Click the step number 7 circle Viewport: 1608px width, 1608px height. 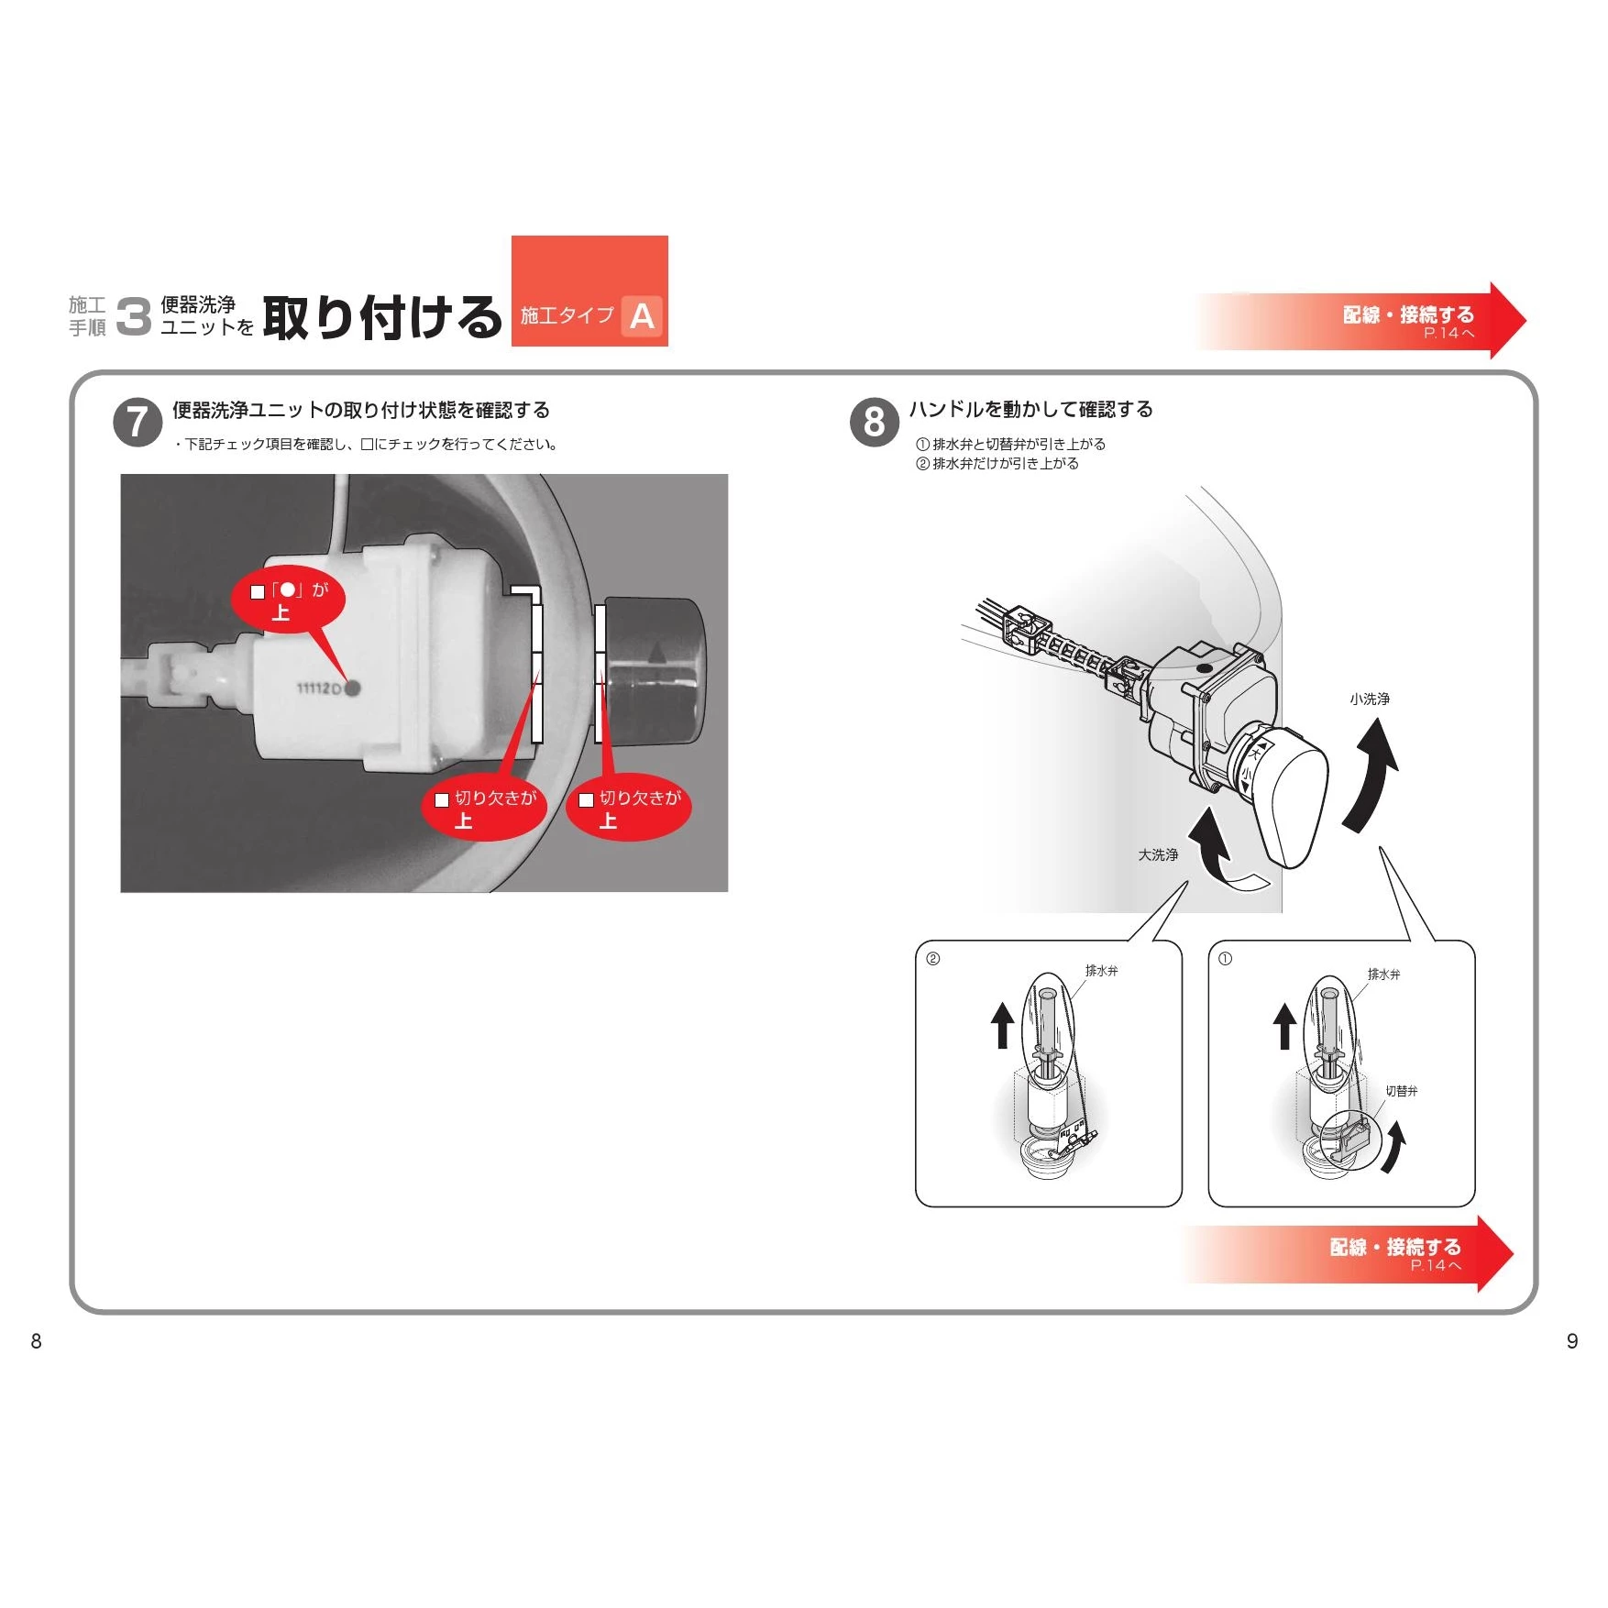click(x=138, y=423)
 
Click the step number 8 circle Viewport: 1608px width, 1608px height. click(x=875, y=423)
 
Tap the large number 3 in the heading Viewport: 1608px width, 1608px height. click(x=134, y=316)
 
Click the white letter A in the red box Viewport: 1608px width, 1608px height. click(x=642, y=316)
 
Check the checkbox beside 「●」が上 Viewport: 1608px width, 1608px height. click(x=258, y=592)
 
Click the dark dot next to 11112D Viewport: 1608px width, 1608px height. click(x=353, y=688)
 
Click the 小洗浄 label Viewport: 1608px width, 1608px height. click(x=1369, y=699)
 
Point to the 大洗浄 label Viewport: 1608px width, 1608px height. click(x=1158, y=854)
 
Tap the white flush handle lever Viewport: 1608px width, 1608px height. click(x=1293, y=798)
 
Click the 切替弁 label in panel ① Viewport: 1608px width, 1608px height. click(x=1401, y=1091)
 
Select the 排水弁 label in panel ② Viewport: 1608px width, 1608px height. click(x=1101, y=970)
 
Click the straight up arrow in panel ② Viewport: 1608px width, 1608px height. click(x=1002, y=1024)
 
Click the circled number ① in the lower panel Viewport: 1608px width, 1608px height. click(x=1225, y=959)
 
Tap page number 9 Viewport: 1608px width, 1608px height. click(x=1572, y=1341)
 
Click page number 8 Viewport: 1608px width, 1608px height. click(x=36, y=1341)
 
